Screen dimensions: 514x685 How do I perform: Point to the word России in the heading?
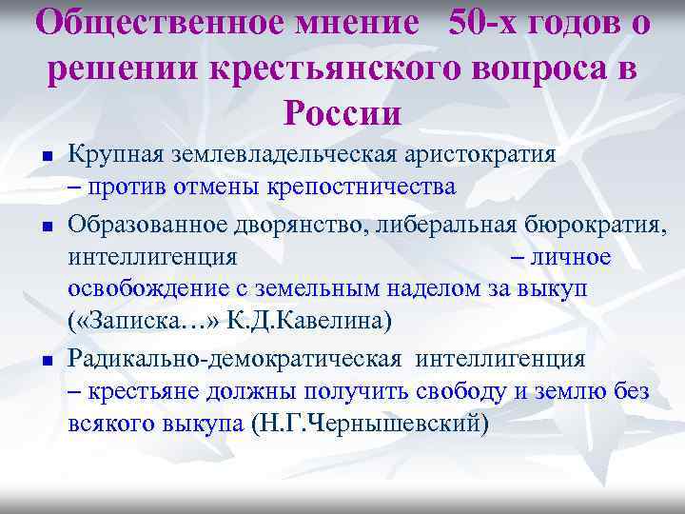click(x=342, y=113)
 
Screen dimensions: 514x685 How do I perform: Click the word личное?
click(x=574, y=257)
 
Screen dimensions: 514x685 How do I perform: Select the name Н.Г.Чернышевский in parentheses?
click(x=370, y=424)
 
